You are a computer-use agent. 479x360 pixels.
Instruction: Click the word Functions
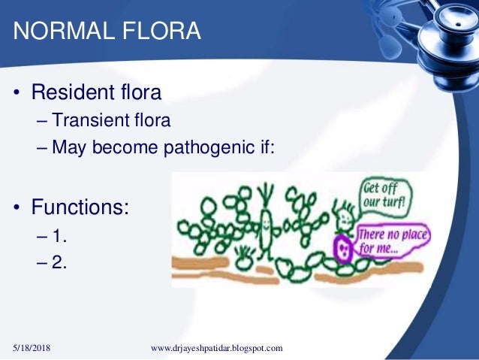coord(80,204)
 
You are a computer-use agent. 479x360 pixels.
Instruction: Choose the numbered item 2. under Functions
coord(61,262)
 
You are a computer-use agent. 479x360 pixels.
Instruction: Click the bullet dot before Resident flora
coord(16,95)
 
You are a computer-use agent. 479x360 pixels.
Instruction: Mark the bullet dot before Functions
coord(16,204)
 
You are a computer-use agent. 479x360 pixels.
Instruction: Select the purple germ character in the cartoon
coord(342,249)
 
